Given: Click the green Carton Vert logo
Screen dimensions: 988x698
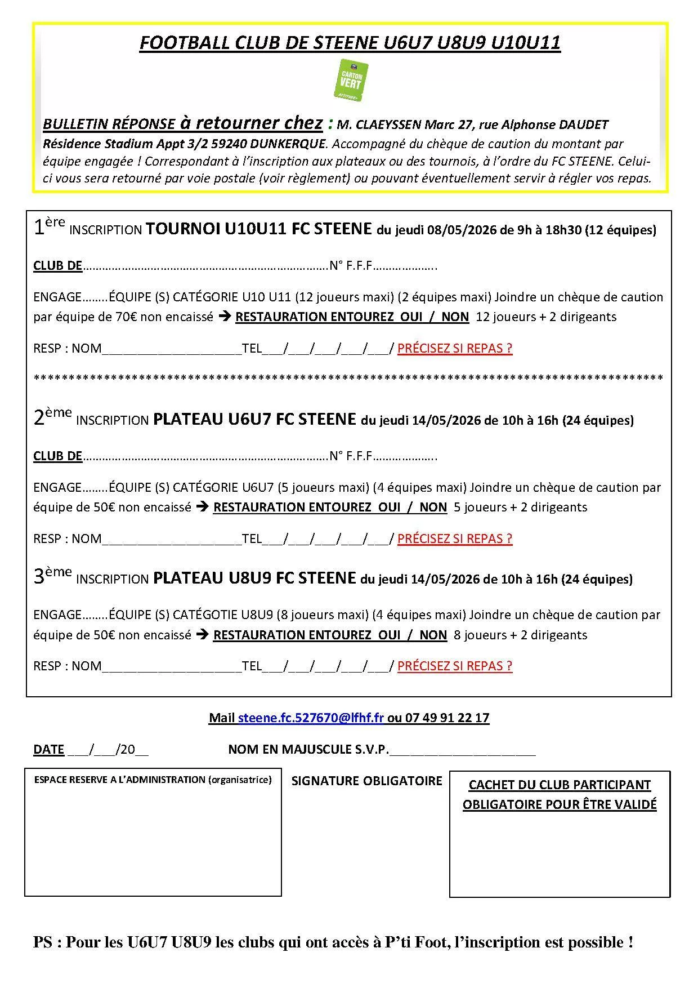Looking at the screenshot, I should tap(351, 81).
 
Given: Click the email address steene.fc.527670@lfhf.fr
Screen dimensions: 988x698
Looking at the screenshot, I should tap(311, 718).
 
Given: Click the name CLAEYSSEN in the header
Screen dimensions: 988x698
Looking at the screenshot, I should tap(388, 124).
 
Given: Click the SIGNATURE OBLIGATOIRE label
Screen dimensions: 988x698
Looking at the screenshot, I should tap(366, 781).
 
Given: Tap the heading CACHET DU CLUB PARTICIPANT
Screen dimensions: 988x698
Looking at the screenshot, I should tap(560, 785).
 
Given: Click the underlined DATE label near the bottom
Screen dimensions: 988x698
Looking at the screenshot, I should tap(49, 749).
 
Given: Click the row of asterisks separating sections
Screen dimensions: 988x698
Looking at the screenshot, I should tap(348, 377).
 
